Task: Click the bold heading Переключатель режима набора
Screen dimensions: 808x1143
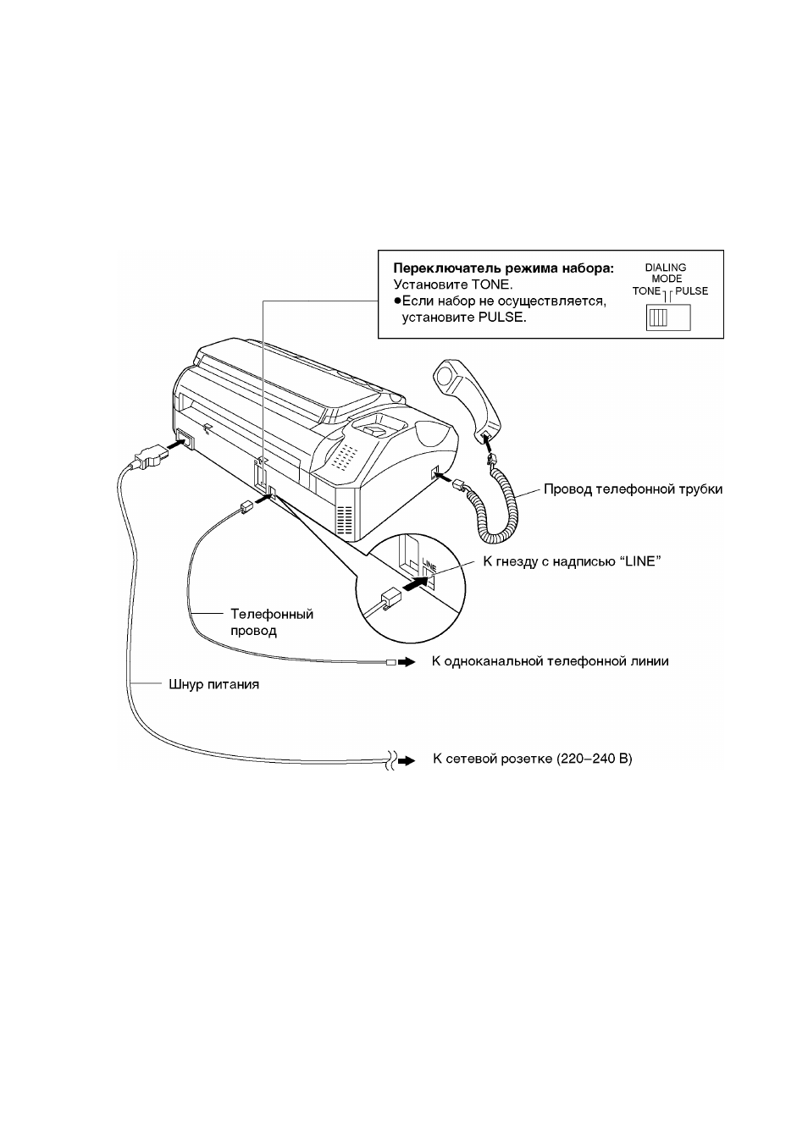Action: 503,268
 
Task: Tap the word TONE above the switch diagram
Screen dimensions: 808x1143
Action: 646,291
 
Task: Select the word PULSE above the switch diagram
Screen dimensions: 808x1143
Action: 692,291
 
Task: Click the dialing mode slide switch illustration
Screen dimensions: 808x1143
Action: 668,317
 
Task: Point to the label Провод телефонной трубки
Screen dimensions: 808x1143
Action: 633,489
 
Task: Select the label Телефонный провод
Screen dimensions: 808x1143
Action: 272,622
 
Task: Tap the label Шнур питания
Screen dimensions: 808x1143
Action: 214,684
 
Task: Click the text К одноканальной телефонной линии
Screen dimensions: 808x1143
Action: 550,661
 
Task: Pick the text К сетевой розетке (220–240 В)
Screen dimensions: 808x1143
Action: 533,759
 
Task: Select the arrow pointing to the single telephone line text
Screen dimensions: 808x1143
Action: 407,662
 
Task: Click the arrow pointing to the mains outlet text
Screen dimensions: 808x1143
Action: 407,759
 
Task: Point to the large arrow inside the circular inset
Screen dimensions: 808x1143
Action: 416,583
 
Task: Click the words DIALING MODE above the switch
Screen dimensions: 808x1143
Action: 666,273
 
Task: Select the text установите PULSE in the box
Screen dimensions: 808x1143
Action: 464,317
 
